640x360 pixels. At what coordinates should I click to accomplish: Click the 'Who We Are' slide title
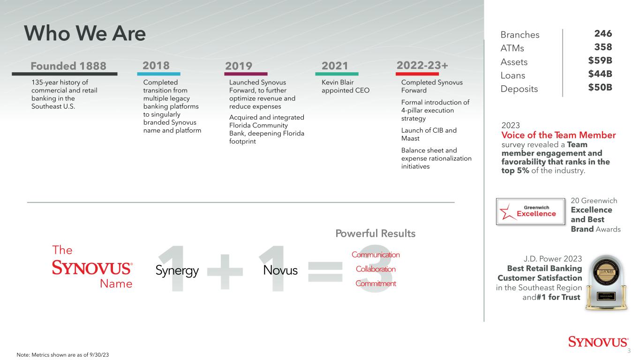point(85,33)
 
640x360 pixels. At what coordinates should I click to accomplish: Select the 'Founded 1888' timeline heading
point(68,66)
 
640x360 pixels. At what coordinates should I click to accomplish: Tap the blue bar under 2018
point(158,74)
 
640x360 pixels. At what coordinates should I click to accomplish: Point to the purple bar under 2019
point(246,74)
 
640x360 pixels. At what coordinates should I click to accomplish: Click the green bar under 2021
point(337,74)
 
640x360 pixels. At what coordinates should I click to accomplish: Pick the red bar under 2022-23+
point(417,74)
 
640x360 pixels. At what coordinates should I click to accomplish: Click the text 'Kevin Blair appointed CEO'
point(346,86)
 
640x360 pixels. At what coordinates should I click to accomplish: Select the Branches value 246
point(603,34)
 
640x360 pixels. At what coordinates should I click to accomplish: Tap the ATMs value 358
point(603,47)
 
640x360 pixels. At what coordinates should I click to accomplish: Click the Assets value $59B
point(600,60)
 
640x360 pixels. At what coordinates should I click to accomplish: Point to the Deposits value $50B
point(600,88)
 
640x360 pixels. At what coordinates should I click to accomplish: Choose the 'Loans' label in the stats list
point(513,75)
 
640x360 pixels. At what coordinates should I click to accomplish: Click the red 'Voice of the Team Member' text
point(558,135)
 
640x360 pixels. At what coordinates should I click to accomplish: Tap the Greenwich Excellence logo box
point(531,212)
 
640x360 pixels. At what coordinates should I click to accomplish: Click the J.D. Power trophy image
point(606,283)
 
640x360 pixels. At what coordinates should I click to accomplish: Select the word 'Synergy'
point(177,270)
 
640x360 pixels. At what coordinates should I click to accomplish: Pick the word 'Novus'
point(280,270)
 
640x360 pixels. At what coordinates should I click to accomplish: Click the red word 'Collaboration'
point(376,269)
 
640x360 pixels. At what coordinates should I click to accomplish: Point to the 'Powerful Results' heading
point(376,233)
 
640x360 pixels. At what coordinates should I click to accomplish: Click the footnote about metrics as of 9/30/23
point(62,355)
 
